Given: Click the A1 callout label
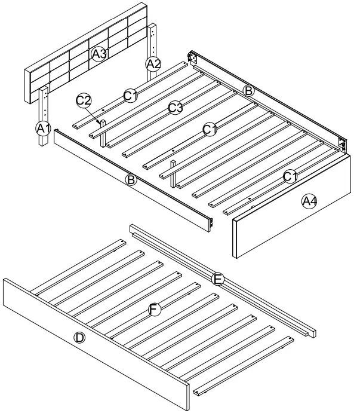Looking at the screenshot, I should coord(41,127).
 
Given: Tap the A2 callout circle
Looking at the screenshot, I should coord(153,63).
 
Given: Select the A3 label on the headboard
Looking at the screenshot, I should coord(99,54).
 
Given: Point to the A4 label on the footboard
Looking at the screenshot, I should coord(309,201).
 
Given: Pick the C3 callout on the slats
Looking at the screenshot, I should coord(175,108).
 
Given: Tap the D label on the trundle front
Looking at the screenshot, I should coord(79,338).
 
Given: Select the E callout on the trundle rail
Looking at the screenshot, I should coord(218,279).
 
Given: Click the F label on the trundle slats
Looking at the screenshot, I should coord(154,309).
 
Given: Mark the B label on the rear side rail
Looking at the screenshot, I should coord(249,90).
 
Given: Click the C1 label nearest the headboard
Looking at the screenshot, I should coord(131,94).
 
